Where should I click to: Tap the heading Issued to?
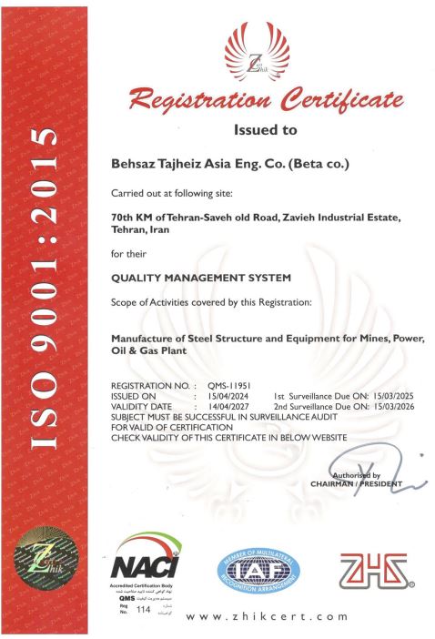265,130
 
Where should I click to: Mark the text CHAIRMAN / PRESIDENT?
356,484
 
